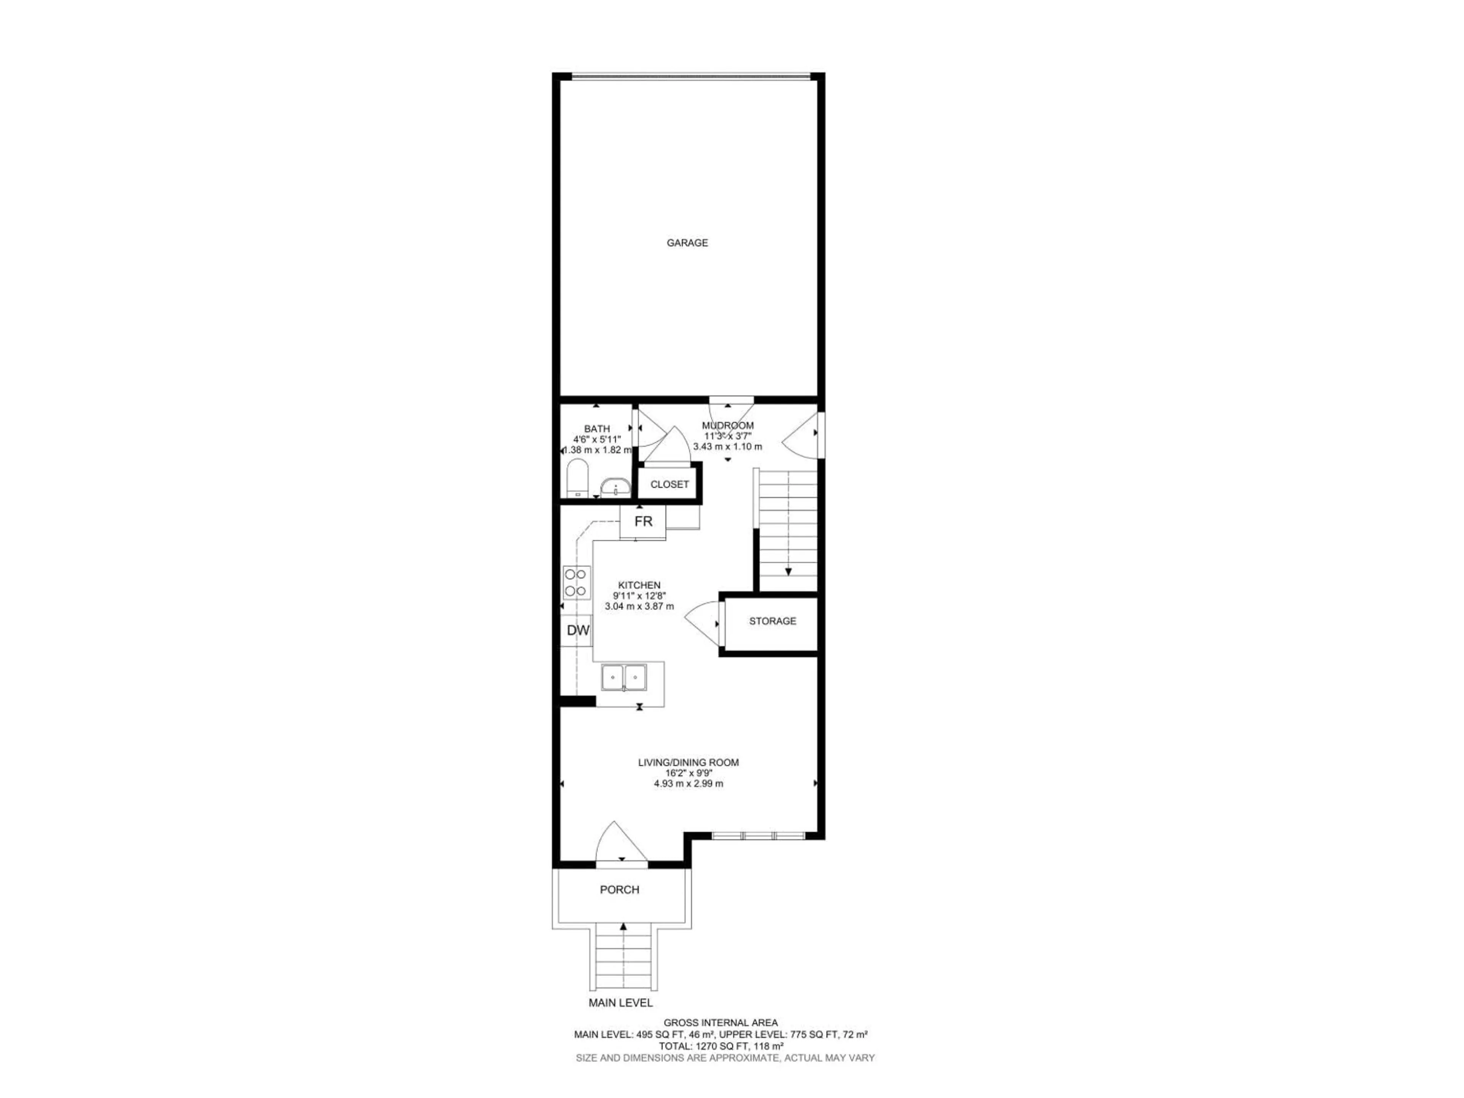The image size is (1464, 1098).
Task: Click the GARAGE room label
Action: click(x=687, y=243)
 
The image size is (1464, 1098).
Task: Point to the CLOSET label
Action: click(x=669, y=485)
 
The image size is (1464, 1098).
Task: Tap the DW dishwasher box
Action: click(x=578, y=631)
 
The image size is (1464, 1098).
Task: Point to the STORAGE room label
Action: click(x=772, y=621)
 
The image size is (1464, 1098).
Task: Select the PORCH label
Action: click(x=620, y=889)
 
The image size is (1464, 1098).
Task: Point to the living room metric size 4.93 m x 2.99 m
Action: click(x=688, y=783)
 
